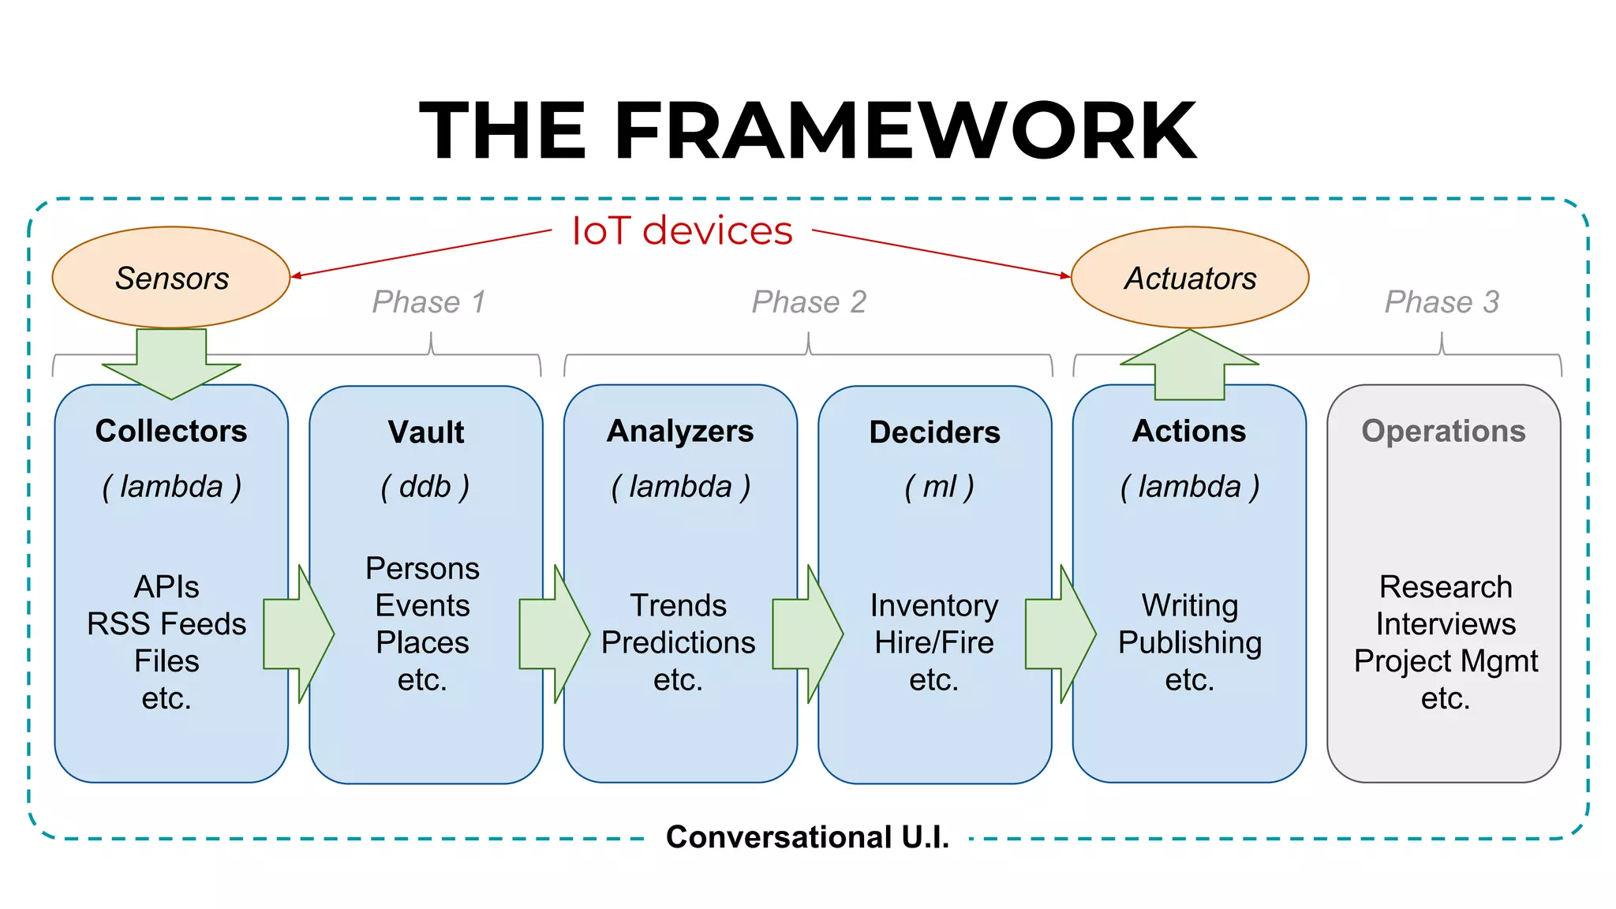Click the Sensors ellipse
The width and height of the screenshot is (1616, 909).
coord(171,278)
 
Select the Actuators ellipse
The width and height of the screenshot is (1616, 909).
coord(1189,278)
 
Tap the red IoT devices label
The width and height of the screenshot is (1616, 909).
coord(682,231)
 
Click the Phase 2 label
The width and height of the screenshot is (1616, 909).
coord(809,302)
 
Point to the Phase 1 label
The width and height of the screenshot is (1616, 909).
coord(428,302)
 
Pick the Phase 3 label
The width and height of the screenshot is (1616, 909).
coord(1442,302)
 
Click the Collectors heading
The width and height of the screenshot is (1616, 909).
coord(171,431)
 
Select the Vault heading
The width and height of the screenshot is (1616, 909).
coord(426,432)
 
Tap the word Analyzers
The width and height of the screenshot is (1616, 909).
coord(680,431)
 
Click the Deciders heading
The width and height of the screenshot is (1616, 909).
coord(934,432)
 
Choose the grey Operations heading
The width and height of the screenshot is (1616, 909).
coord(1443,431)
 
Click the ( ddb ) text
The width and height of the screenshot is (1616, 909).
coord(425,487)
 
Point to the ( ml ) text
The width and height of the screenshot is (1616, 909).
coord(939,487)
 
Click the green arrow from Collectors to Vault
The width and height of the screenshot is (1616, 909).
coord(298,634)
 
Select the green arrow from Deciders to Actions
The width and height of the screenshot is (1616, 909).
coord(1060,634)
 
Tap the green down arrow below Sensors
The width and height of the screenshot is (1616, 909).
coord(171,363)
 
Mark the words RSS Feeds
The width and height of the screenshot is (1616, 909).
coord(166,624)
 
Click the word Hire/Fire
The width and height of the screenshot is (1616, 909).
coord(934,642)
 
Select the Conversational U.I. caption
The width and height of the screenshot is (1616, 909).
coord(807,837)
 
